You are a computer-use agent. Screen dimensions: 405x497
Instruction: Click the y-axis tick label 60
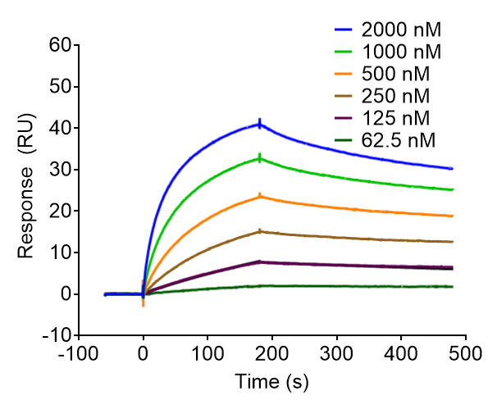click(x=58, y=45)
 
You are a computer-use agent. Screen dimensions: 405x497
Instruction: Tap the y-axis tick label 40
click(x=58, y=128)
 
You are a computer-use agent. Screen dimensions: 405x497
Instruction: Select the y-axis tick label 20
click(x=58, y=211)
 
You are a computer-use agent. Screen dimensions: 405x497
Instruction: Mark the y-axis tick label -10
click(x=54, y=334)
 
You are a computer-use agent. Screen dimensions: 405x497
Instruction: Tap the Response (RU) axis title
click(x=30, y=190)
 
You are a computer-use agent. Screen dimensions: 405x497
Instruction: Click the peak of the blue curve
click(x=260, y=125)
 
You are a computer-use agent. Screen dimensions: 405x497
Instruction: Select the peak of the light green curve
click(x=260, y=158)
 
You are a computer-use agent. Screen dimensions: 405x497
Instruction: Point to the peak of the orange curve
click(x=260, y=196)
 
